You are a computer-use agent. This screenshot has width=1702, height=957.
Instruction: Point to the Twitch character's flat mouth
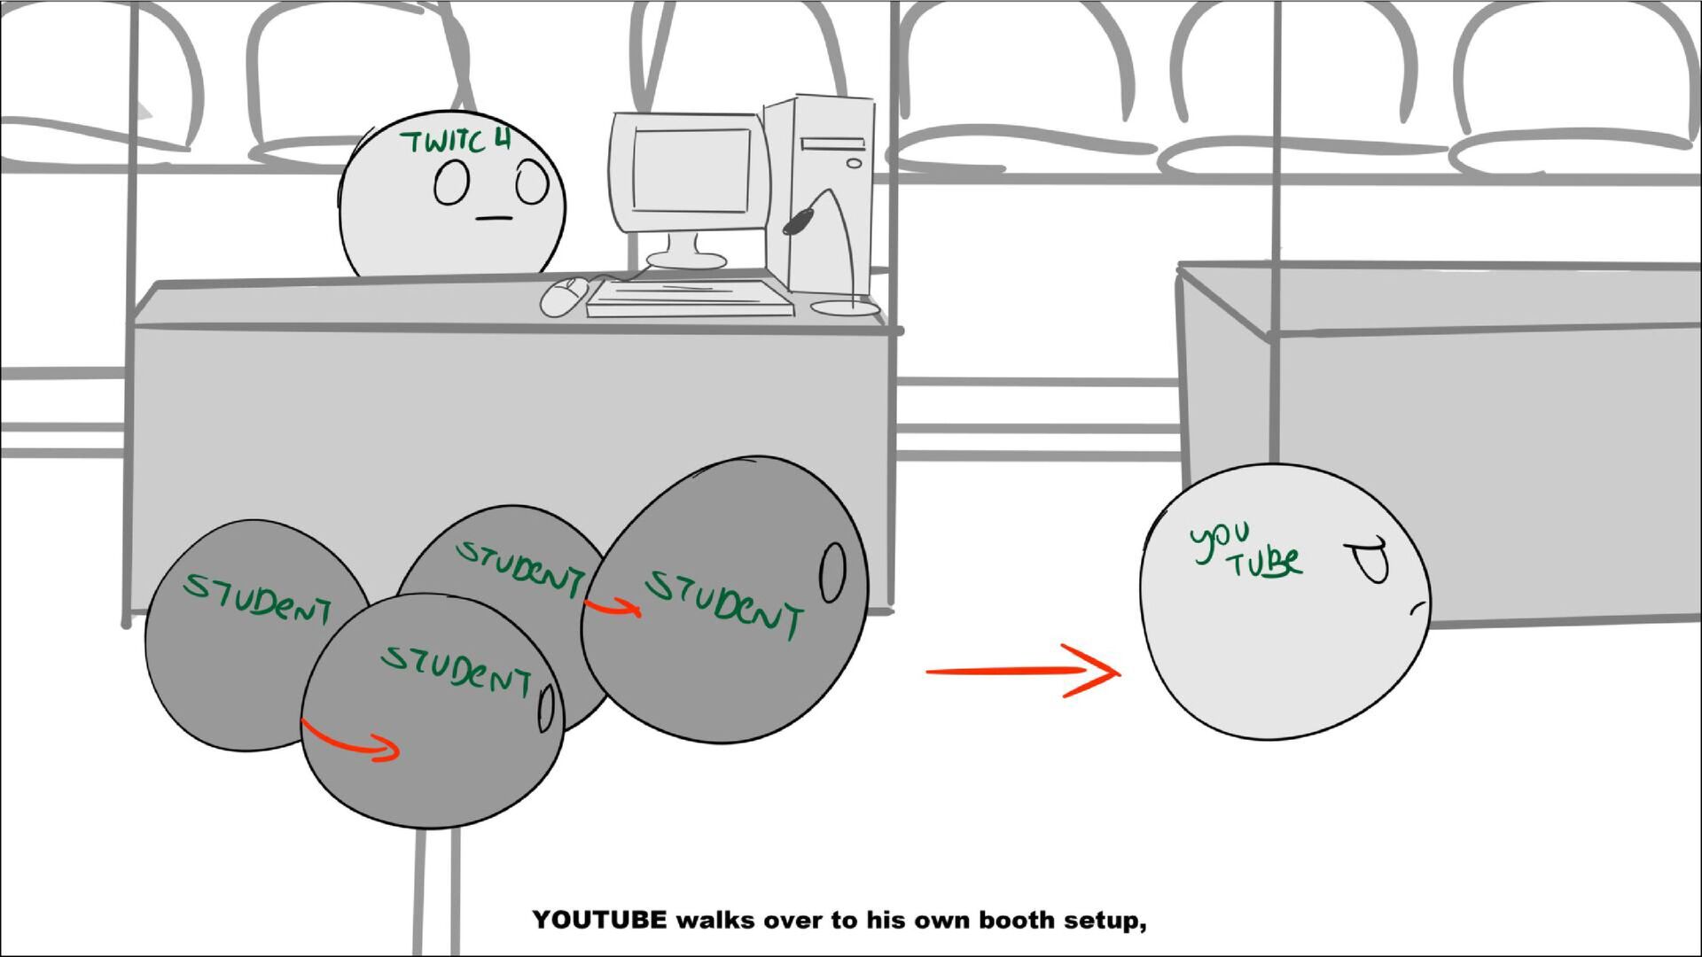coord(494,218)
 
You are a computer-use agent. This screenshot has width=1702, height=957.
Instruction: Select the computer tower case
coord(819,195)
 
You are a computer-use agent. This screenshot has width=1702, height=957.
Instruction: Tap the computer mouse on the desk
coord(564,296)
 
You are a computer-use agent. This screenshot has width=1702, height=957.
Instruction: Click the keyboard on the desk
coord(690,298)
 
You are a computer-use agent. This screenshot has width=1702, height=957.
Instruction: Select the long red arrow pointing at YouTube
coord(1023,672)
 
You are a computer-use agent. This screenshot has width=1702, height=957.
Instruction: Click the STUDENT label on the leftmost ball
coord(257,598)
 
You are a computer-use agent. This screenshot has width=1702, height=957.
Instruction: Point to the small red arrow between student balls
coord(612,606)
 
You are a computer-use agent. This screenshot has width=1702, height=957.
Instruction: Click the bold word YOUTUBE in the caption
coord(599,920)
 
